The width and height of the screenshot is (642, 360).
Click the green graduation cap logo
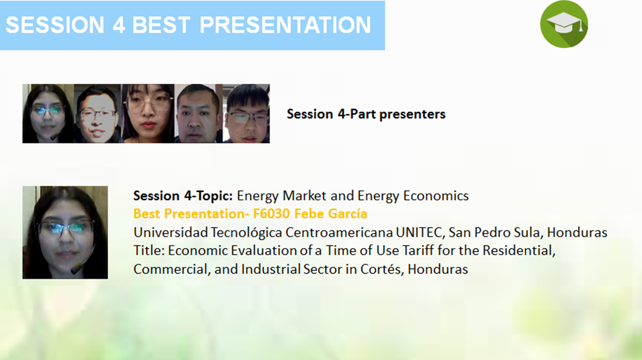pos(564,24)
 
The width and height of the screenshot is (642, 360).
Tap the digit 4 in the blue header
pos(119,25)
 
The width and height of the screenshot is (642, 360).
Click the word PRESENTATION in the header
pos(285,25)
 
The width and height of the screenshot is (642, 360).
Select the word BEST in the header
pos(162,25)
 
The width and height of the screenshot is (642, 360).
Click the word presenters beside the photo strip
pos(413,115)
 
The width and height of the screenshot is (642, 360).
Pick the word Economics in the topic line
pos(436,196)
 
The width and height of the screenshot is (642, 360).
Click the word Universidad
pos(171,232)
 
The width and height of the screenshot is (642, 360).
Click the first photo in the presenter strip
pos(49,114)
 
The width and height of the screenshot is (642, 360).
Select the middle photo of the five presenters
pos(148,114)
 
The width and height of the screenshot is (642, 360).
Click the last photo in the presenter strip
pos(246,114)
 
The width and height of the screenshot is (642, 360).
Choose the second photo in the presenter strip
pos(98,114)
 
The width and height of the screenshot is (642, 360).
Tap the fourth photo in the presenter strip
pos(199,114)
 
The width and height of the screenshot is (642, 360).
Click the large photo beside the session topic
pos(65,232)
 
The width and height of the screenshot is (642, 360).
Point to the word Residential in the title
pos(519,250)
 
